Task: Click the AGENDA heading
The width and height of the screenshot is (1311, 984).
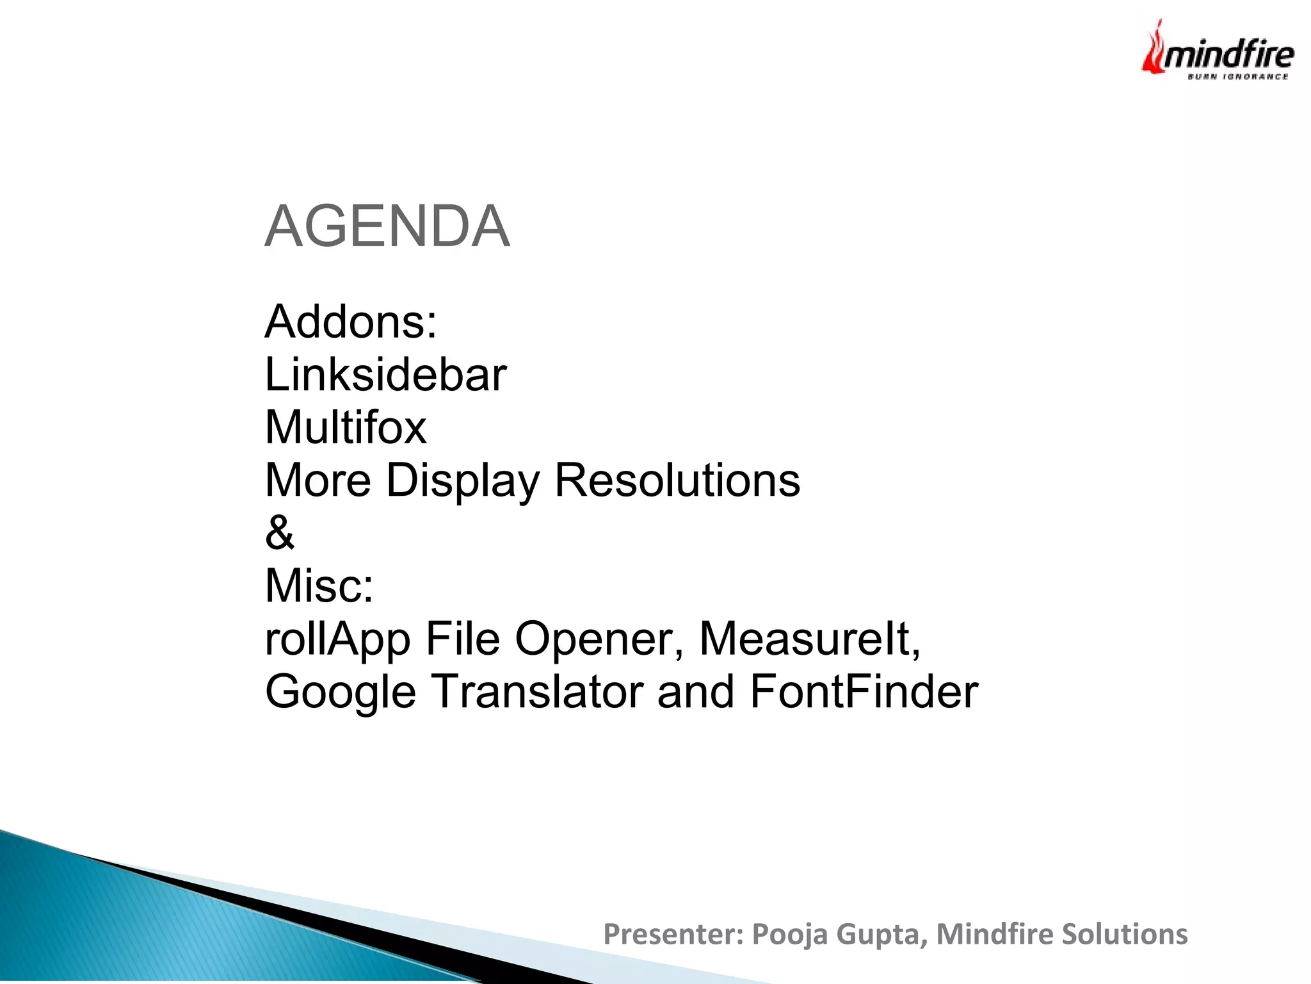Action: point(387,226)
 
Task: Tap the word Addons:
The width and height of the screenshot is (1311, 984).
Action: point(351,322)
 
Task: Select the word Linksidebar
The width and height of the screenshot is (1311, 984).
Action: point(385,375)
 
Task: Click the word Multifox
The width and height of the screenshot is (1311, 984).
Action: point(346,427)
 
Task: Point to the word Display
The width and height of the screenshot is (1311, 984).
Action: point(463,480)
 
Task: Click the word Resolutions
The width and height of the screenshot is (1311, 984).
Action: point(677,480)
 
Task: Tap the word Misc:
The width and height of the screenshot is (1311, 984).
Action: point(319,586)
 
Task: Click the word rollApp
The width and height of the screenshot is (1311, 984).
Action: point(337,639)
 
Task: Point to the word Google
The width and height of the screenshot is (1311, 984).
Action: point(341,693)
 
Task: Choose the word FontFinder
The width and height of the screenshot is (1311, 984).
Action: point(864,693)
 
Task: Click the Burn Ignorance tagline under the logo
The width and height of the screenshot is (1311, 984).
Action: point(1237,77)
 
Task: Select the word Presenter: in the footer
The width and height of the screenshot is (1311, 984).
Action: point(673,935)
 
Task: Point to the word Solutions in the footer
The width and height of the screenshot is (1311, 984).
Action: point(1124,935)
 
